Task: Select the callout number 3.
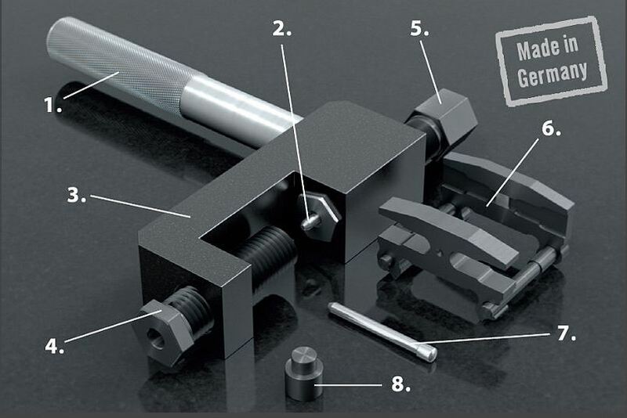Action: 76,196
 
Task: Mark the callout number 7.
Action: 566,335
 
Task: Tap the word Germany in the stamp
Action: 553,73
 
